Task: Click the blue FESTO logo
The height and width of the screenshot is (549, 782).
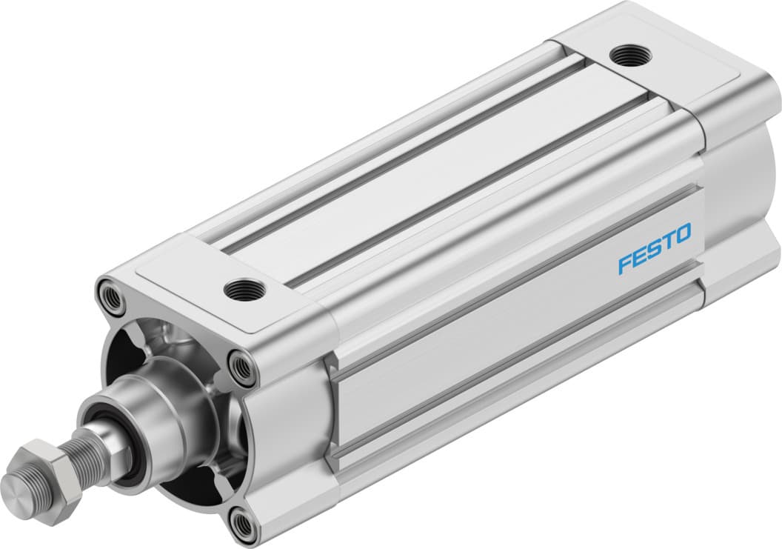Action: click(x=655, y=249)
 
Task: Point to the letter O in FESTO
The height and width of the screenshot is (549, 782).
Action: click(x=682, y=235)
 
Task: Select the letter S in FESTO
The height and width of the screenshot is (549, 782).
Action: click(x=654, y=250)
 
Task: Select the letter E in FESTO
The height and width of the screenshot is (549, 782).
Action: click(x=641, y=257)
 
